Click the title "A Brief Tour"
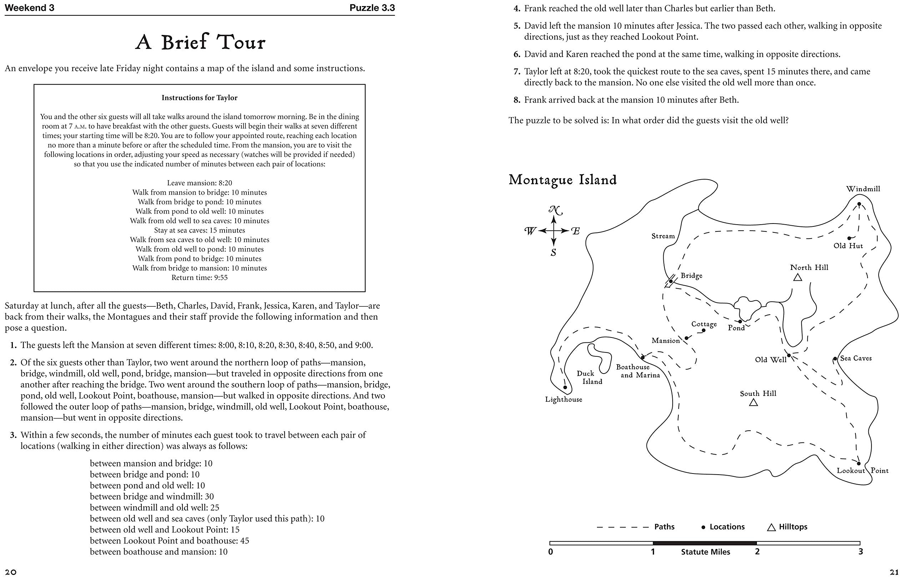(x=200, y=42)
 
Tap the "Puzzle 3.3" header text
(x=372, y=8)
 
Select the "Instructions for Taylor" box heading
(x=199, y=97)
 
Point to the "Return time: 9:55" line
(x=199, y=277)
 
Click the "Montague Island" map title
(x=563, y=180)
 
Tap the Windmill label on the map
(x=863, y=189)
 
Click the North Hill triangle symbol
(x=798, y=277)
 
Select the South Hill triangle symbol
(x=753, y=402)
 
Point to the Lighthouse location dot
(x=565, y=387)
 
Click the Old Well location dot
(x=789, y=355)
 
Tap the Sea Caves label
(x=855, y=358)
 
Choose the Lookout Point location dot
(x=859, y=463)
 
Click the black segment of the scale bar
(x=704, y=543)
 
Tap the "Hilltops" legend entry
(x=793, y=527)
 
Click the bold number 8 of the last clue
(x=517, y=100)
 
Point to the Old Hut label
(x=848, y=246)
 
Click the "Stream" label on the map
(x=663, y=236)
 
